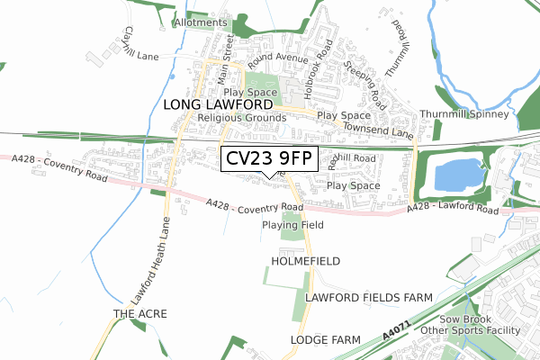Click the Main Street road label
coord(228,53)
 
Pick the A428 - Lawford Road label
coord(453,209)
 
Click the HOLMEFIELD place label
coord(306,261)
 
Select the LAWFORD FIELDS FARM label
coord(369,297)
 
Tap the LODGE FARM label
coord(326,339)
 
